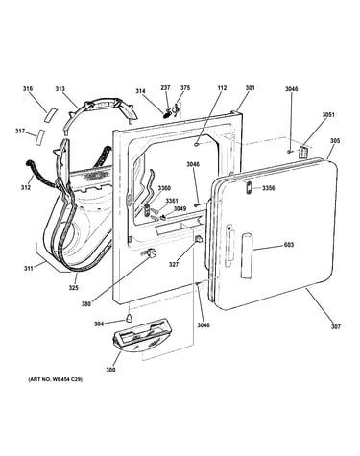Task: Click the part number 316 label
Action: (28, 89)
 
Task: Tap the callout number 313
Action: (60, 89)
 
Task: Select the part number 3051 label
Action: (328, 114)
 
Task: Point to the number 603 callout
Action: (289, 245)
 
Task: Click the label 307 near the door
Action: (336, 326)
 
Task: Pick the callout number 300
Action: (110, 370)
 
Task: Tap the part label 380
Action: (86, 304)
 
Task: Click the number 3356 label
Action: (269, 188)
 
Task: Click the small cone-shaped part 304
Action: (129, 318)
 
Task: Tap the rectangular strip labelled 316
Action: (51, 114)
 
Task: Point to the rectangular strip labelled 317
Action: (39, 137)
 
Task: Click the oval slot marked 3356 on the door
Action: (249, 187)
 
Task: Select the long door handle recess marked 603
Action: (246, 256)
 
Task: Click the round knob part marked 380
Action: (151, 253)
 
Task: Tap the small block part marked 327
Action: (199, 239)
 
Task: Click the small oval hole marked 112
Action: (196, 145)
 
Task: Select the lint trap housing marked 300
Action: (142, 335)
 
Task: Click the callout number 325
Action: (73, 288)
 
